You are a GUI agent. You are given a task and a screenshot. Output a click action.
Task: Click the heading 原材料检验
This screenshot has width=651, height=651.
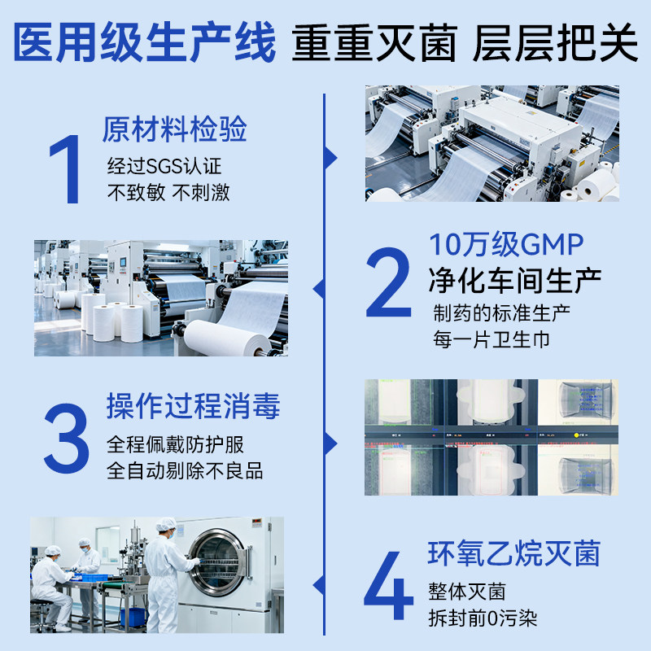coord(174,130)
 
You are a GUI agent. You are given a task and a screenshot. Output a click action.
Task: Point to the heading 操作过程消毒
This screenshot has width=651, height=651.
coord(193,406)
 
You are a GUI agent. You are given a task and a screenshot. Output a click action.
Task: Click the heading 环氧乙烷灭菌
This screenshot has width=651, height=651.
coord(513,554)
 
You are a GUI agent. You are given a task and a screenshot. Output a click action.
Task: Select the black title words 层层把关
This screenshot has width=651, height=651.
coord(555,45)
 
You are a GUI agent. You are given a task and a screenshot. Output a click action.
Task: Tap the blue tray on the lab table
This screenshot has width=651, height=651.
coord(94,576)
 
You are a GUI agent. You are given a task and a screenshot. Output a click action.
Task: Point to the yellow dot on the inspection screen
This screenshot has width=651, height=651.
coord(576,435)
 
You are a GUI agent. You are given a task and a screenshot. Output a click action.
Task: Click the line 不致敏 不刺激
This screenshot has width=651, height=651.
coord(168,193)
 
